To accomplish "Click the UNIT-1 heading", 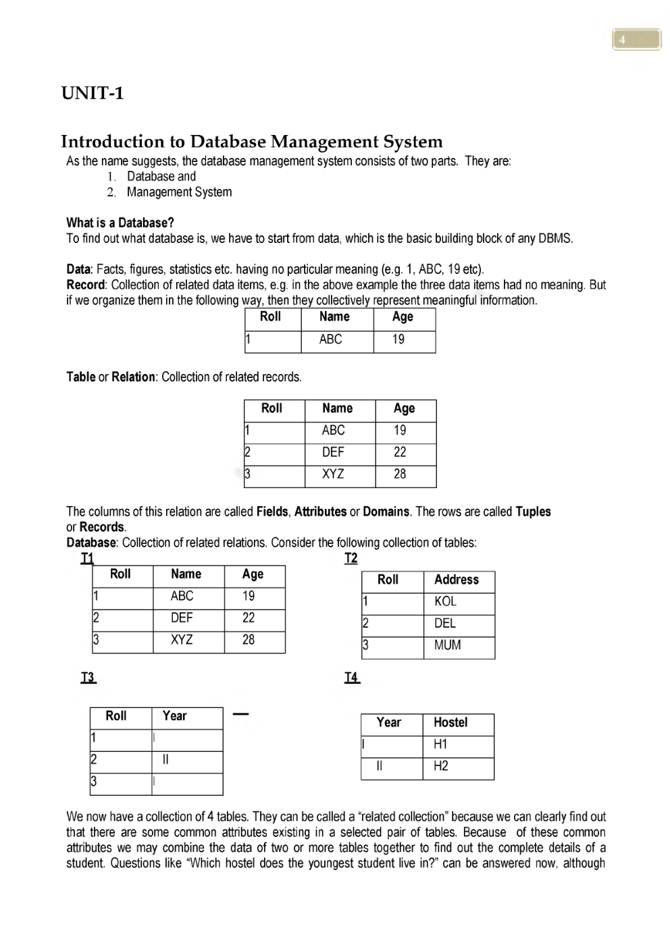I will (x=93, y=93).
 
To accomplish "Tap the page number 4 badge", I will (x=636, y=40).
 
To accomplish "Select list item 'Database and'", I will (x=161, y=177).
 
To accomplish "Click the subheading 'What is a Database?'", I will (x=120, y=223).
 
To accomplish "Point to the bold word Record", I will (x=86, y=285).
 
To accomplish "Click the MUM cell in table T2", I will (x=447, y=645).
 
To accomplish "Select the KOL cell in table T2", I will (x=445, y=601).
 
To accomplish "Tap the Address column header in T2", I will (x=456, y=580).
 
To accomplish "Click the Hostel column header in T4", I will (x=450, y=723).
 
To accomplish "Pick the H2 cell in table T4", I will (x=440, y=766).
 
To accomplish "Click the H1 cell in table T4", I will (x=440, y=745).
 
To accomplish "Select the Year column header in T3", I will (x=174, y=716).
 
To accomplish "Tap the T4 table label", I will (x=352, y=678).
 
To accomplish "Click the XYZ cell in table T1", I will (x=182, y=640).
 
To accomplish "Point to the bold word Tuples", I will (x=533, y=512).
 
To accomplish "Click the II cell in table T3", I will (x=165, y=760).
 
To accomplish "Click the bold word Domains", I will (x=386, y=512).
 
